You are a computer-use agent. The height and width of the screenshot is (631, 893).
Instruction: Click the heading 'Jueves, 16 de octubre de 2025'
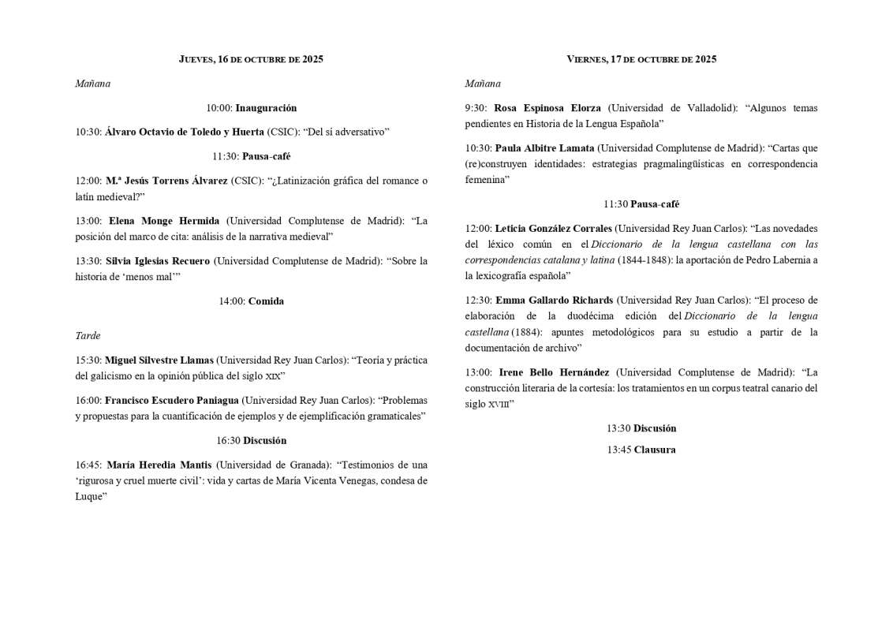[x=251, y=59]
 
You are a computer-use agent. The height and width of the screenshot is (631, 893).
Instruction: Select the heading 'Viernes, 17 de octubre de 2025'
[x=641, y=59]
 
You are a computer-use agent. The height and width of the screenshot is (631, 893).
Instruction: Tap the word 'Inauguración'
[x=266, y=108]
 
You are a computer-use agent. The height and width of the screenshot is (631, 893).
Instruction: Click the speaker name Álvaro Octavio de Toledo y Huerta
[x=185, y=132]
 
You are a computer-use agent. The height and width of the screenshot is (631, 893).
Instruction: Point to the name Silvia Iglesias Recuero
[x=158, y=261]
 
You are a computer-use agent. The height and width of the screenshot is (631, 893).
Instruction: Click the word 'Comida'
[x=266, y=301]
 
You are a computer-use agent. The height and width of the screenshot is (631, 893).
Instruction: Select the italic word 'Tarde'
[x=88, y=336]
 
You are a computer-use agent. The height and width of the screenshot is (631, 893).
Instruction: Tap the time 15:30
[x=88, y=360]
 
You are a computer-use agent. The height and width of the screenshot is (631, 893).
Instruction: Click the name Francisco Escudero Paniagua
[x=172, y=401]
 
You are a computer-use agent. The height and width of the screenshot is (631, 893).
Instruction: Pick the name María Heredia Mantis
[x=159, y=465]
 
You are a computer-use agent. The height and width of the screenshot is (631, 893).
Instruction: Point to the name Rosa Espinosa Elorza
[x=547, y=108]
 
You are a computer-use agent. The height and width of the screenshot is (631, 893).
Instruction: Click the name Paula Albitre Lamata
[x=544, y=148]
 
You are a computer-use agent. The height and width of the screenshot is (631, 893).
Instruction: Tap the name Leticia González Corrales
[x=553, y=229]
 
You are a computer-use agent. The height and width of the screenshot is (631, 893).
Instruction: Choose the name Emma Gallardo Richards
[x=553, y=301]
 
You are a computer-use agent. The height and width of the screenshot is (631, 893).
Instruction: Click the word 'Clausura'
[x=654, y=450]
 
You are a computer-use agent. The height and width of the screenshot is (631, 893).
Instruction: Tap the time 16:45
[x=88, y=465]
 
